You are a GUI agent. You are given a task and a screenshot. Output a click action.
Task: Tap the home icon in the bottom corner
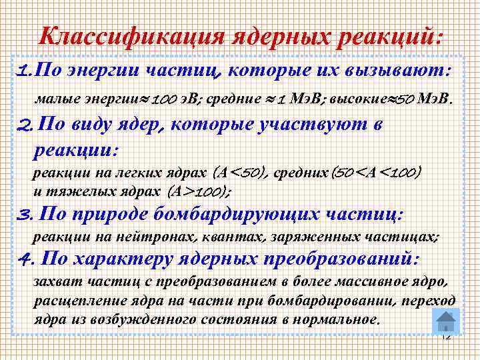(445, 321)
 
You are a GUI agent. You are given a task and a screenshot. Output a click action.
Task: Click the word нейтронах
(167, 237)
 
